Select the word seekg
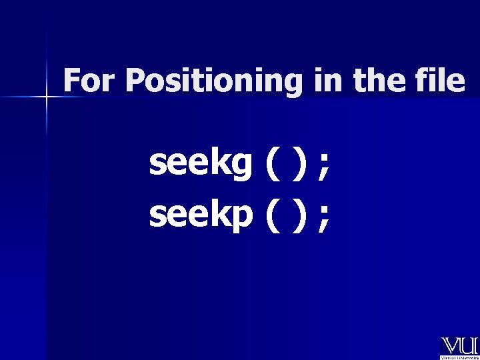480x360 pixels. coord(200,165)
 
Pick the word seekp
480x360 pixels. coord(200,214)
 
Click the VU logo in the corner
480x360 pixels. coord(459,345)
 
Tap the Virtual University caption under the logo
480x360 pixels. coord(459,357)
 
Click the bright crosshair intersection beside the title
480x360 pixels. coord(47,97)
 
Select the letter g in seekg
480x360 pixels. coord(241,167)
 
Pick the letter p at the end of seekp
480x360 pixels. coord(241,216)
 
